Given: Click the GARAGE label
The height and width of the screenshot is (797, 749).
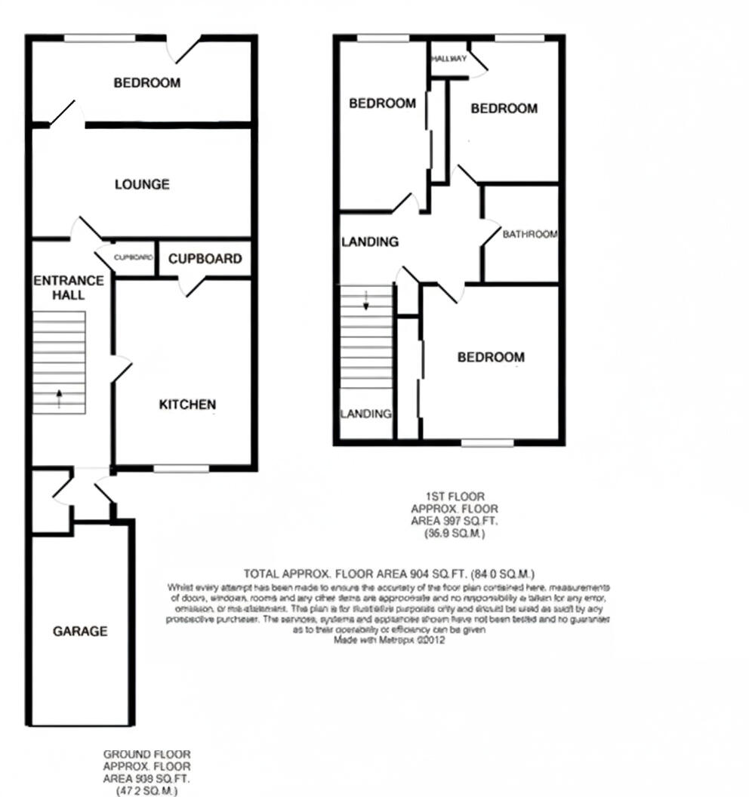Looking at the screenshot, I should (x=80, y=631).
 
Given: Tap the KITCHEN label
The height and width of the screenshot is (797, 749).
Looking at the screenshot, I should (x=187, y=405).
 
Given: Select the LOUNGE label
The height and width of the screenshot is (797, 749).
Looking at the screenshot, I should (x=142, y=184).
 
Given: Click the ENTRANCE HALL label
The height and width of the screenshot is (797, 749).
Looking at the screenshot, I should (x=69, y=288).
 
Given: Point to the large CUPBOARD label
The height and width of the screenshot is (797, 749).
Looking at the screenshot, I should (x=205, y=259).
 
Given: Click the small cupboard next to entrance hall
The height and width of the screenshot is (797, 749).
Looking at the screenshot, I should (x=134, y=257).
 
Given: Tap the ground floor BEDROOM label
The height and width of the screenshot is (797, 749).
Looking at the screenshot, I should (x=147, y=82).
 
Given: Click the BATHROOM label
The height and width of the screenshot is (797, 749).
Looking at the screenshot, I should (x=530, y=234).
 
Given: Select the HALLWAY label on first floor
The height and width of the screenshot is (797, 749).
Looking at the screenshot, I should (x=448, y=59).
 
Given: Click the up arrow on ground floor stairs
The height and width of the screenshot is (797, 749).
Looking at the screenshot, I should (x=59, y=398).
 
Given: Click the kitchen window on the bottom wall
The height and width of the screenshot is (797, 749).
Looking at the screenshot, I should (x=181, y=469).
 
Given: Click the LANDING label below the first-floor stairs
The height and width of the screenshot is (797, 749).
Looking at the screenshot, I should (x=365, y=414).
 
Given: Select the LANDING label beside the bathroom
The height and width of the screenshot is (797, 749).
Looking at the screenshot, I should (x=370, y=242).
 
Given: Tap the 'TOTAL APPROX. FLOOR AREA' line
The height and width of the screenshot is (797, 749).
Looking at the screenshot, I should (x=389, y=574).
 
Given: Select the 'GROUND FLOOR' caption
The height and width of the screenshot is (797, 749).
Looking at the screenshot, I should (x=146, y=754).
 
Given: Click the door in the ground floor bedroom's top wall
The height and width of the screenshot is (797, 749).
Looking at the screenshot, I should (x=183, y=48).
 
